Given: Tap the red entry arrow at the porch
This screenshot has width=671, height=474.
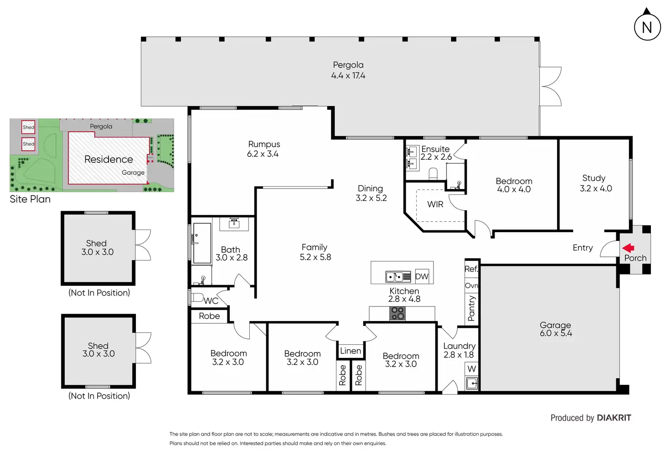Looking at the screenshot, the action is coord(628,248).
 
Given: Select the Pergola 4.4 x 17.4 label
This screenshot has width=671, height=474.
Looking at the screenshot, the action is coord(348,70).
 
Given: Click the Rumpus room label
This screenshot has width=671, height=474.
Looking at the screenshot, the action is coord(263,149).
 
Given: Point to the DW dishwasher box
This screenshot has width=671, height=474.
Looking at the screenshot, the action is coord(422,276).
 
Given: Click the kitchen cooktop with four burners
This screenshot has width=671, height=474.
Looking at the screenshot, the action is coord(397,313).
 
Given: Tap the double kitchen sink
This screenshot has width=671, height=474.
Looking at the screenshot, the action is coord(398,277).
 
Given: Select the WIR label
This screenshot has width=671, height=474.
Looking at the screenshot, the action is coord(435,204).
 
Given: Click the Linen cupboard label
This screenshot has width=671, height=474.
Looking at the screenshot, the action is coord(350,351).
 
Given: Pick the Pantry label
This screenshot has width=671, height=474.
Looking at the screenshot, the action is coord(471,308).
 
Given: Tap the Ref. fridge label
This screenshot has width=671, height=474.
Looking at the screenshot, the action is coord(471,269).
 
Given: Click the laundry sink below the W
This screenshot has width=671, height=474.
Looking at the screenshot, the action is coord(472,383).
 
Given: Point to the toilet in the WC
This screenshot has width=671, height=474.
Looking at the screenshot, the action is coord(197,297).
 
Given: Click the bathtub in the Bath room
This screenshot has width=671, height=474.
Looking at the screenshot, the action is coord(202,243).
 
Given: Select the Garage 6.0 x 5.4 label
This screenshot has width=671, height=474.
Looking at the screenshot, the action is coord(556,329).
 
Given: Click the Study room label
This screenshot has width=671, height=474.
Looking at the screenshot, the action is coord(595,183).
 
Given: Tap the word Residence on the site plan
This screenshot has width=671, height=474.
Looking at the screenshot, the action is coord(108,159).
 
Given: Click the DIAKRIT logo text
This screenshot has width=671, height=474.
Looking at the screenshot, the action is coord(614,418).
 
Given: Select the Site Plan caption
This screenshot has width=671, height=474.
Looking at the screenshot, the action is coord(30,199).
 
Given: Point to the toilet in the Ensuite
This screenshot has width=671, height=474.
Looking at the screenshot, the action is coord(433,174).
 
